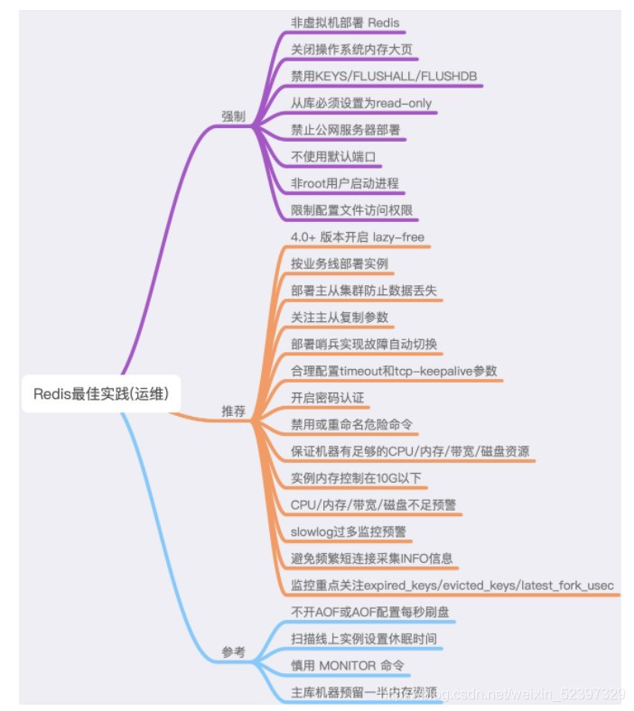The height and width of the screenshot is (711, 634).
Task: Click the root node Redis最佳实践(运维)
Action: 107,394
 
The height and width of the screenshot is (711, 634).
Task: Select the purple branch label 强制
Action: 233,115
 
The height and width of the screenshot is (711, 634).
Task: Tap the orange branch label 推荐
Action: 233,411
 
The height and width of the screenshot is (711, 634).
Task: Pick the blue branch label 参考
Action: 233,651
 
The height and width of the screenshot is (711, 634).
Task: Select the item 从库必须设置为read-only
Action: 361,103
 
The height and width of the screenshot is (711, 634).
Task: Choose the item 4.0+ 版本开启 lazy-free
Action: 358,237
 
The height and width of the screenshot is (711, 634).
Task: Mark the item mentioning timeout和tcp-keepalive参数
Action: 394,371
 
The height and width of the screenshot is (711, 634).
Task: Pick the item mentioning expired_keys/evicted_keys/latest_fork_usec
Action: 452,586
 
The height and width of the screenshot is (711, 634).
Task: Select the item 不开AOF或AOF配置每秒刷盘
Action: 370,613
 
